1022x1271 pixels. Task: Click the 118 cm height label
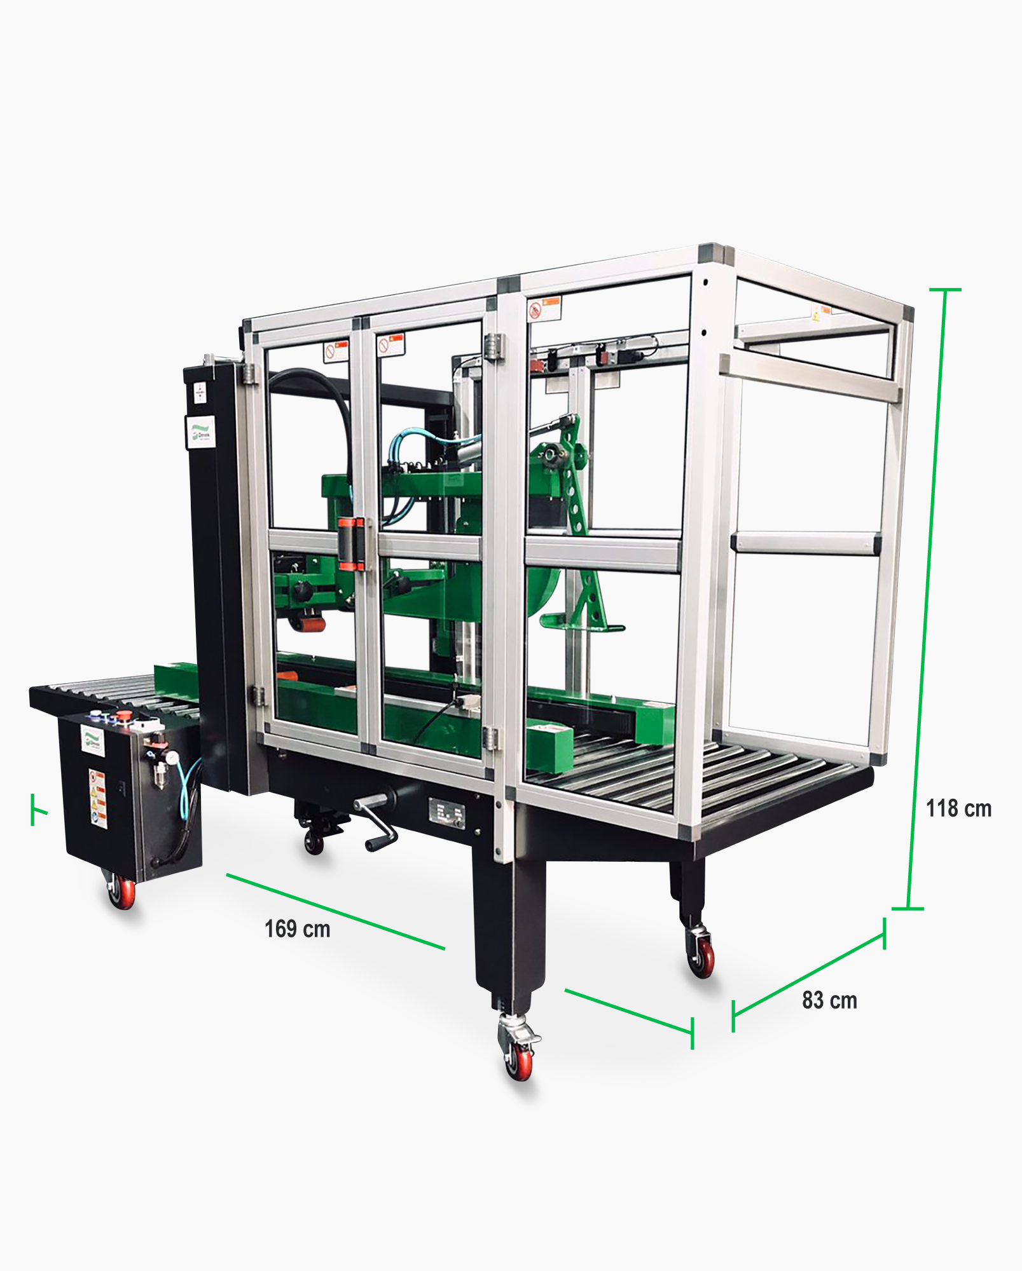coord(958,808)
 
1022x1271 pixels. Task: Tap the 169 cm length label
coord(297,929)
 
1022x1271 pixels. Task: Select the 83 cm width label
coord(829,1000)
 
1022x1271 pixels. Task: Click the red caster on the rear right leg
coord(701,956)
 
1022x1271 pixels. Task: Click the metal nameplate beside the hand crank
coord(446,813)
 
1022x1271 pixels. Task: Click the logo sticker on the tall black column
coord(200,432)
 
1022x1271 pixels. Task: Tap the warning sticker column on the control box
coord(97,799)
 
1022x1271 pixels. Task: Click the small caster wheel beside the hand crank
coord(314,841)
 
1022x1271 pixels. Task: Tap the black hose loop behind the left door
coord(318,407)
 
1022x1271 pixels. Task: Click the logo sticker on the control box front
coord(93,741)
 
